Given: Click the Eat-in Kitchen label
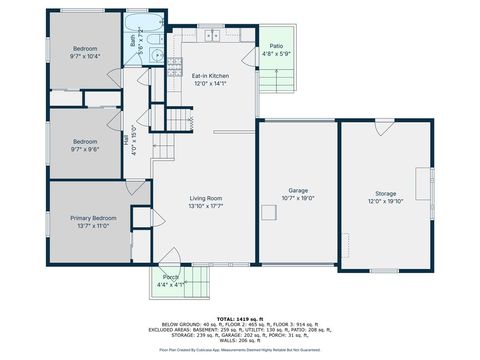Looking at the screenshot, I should click(211, 75).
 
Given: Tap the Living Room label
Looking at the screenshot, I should click(205, 198).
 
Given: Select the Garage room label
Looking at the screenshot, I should click(298, 190).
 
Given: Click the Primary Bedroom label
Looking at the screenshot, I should click(93, 218).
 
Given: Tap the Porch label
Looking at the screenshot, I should click(171, 277).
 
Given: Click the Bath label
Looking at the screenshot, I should click(133, 42).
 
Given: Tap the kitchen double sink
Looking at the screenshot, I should click(212, 35).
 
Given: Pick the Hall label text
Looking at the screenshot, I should click(126, 142).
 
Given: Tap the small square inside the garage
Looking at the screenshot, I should click(268, 211).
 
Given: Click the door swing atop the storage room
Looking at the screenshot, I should click(384, 128).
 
